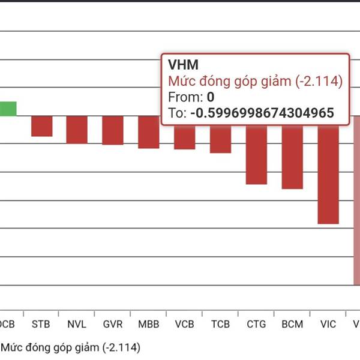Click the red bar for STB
click(41, 126)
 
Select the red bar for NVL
click(77, 130)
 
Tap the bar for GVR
click(113, 130)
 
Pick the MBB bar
click(149, 132)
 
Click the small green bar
click(8, 109)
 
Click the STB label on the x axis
click(41, 325)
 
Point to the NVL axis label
click(77, 325)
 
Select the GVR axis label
click(113, 325)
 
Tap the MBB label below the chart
click(149, 325)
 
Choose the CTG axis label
click(256, 325)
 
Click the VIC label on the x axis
click(328, 325)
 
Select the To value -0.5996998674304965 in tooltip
click(262, 113)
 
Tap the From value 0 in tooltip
click(211, 97)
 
